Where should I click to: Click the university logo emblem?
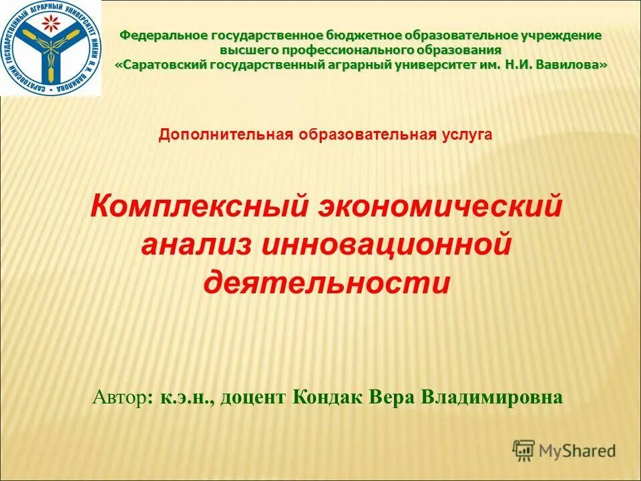click(50, 47)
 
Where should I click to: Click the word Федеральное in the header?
click(164, 35)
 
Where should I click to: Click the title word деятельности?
click(326, 283)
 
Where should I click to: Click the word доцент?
click(254, 398)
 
